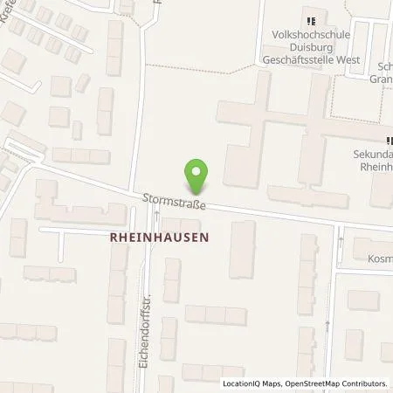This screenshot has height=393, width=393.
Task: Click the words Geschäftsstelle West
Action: click(x=308, y=51)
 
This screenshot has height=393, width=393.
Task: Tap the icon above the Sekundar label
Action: click(x=389, y=140)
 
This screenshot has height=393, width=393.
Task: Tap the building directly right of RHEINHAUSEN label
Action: click(x=242, y=249)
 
